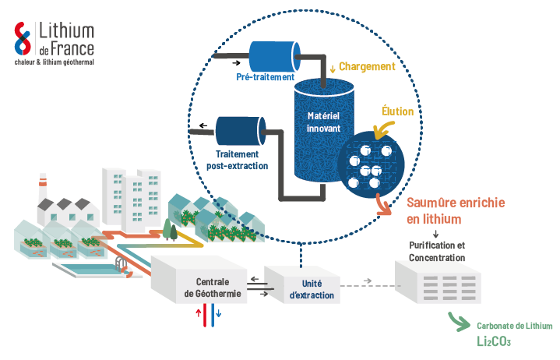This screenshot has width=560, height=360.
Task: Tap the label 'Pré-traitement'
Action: click(x=265, y=77)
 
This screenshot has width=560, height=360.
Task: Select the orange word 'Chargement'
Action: click(x=367, y=68)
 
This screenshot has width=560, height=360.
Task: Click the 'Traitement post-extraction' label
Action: click(x=237, y=161)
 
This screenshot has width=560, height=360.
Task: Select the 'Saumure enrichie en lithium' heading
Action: click(x=455, y=210)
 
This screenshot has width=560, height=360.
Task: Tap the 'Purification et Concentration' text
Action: click(x=436, y=252)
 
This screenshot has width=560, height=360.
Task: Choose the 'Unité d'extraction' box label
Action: click(x=312, y=289)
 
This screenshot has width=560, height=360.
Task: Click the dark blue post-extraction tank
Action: click(x=240, y=129)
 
